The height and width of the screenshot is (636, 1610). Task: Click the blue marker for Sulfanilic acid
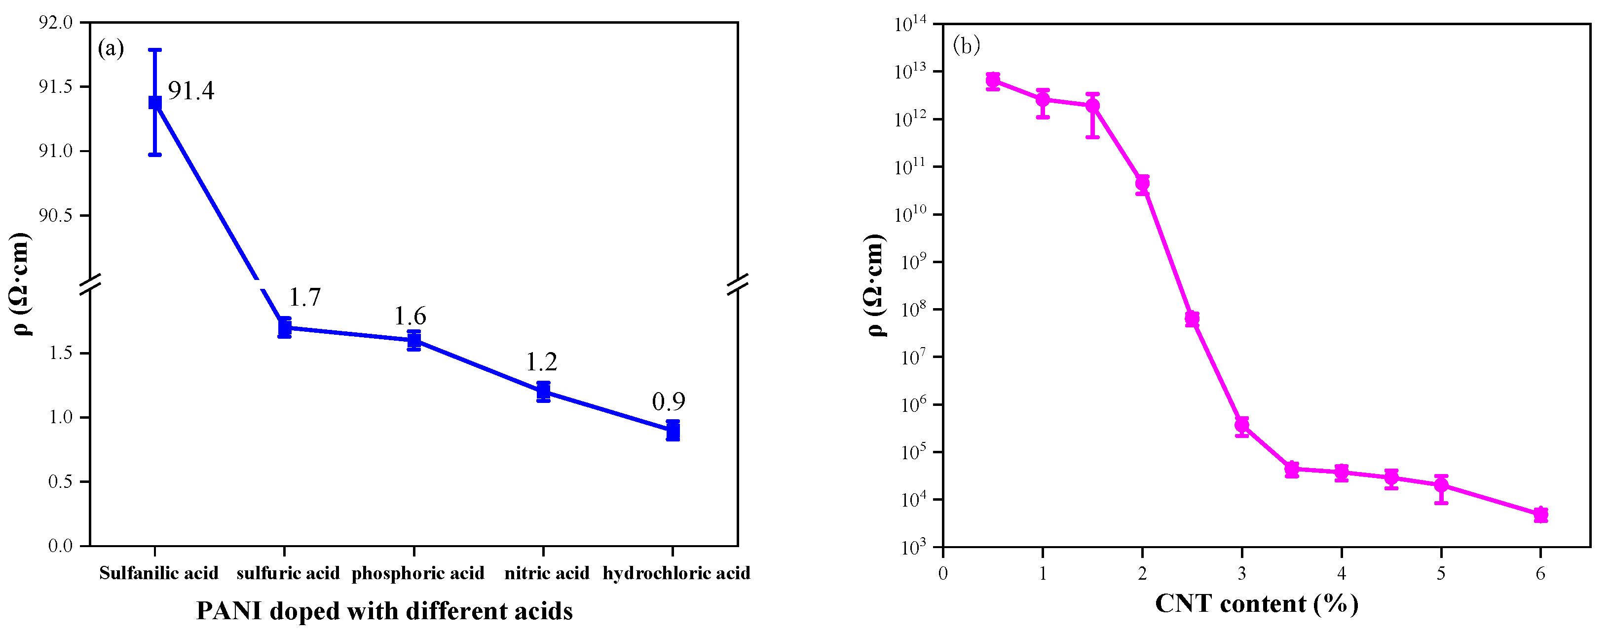coord(155,103)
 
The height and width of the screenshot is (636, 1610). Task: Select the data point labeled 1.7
coord(284,327)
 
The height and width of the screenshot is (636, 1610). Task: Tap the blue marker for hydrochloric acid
coord(673,430)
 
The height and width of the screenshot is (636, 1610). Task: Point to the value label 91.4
coord(190,91)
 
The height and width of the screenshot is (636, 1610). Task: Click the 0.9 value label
coord(668,401)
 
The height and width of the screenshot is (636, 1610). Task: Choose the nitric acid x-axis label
coord(547,573)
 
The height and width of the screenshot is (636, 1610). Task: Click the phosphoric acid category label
coord(417,573)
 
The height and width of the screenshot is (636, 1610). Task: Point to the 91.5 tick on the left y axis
coord(56,87)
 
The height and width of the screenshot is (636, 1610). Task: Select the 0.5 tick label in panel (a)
coord(61,481)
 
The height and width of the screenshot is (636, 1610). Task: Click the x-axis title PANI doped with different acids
coord(384,611)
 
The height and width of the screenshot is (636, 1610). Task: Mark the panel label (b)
coord(966,45)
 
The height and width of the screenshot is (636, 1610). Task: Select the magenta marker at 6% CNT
coord(1540,514)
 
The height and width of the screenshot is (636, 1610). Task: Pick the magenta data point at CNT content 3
coord(1242,426)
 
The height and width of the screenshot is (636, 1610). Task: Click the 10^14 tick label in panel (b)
coord(911,24)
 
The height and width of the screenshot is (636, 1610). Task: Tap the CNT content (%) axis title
coord(1256,603)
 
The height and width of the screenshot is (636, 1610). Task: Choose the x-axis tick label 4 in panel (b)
coord(1341,573)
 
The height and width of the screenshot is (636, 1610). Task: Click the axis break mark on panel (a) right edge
coord(738,284)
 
